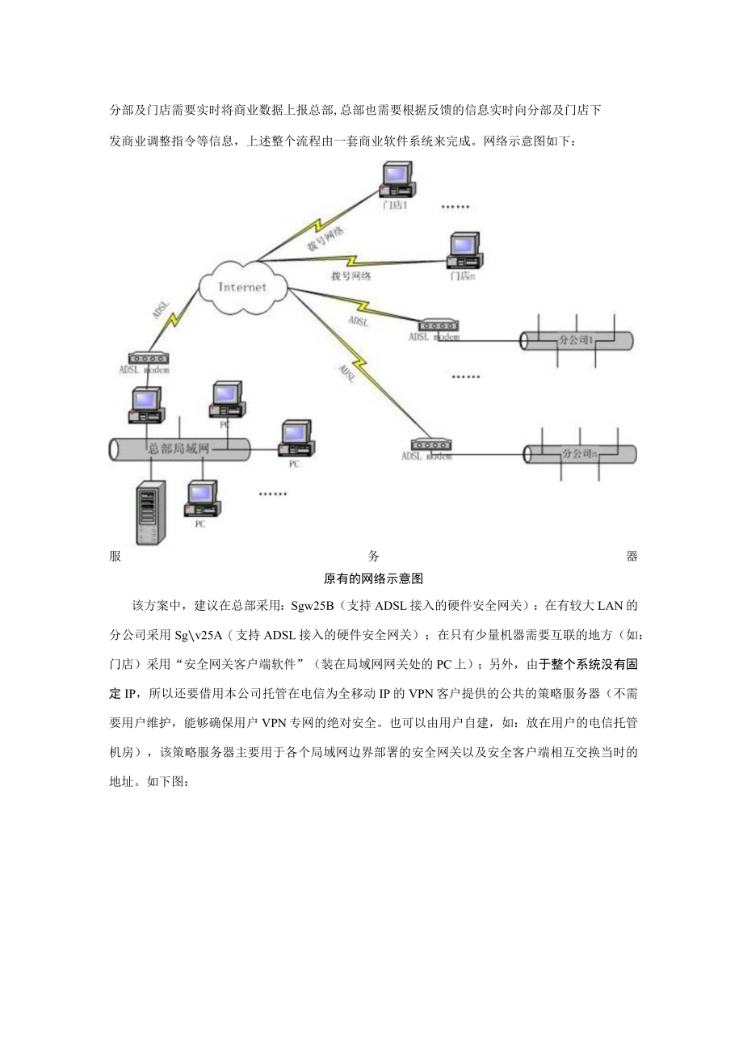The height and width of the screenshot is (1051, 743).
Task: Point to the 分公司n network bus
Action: pyautogui.click(x=580, y=454)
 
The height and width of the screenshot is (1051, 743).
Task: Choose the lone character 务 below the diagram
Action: pyautogui.click(x=374, y=556)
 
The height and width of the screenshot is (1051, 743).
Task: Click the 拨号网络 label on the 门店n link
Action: pyautogui.click(x=351, y=275)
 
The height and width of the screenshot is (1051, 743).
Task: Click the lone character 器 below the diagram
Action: pyautogui.click(x=632, y=556)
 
